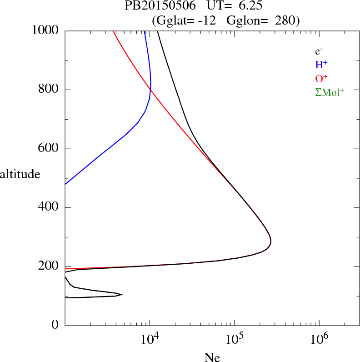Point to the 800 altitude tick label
tap(49, 90)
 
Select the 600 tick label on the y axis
tap(49, 149)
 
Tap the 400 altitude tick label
tap(49, 208)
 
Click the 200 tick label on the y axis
tap(49, 267)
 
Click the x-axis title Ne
tap(212, 357)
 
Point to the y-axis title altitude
tap(23, 174)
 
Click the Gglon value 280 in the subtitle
tap(286, 20)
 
